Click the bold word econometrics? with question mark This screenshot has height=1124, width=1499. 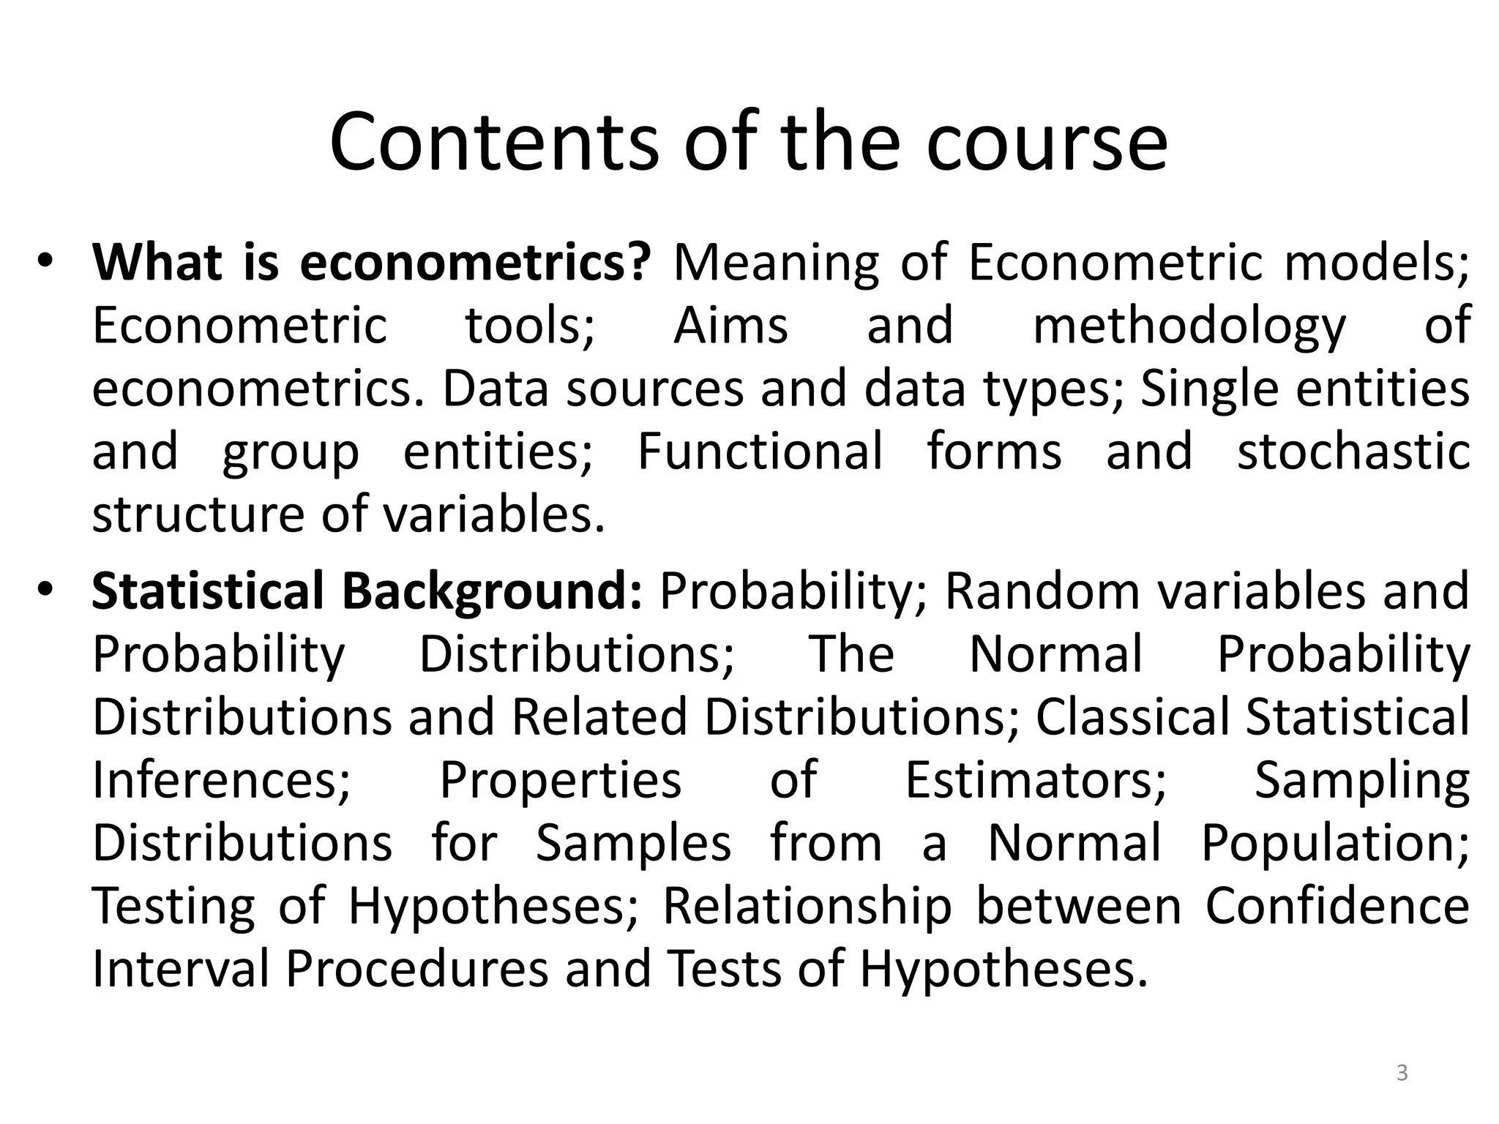pos(474,262)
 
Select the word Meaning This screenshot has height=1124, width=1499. pos(776,262)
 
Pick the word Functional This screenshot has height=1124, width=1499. pos(760,451)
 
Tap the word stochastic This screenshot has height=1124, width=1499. pos(1353,451)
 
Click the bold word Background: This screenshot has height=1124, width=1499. pos(492,591)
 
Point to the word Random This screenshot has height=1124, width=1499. pos(1042,591)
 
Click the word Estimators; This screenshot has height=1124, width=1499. pos(1036,779)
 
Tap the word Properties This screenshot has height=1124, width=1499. pos(560,779)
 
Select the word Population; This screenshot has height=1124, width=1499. pos(1335,842)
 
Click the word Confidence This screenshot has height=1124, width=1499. pos(1337,905)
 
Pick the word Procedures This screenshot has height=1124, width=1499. pos(416,968)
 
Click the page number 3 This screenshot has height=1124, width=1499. pos(1402,1074)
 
